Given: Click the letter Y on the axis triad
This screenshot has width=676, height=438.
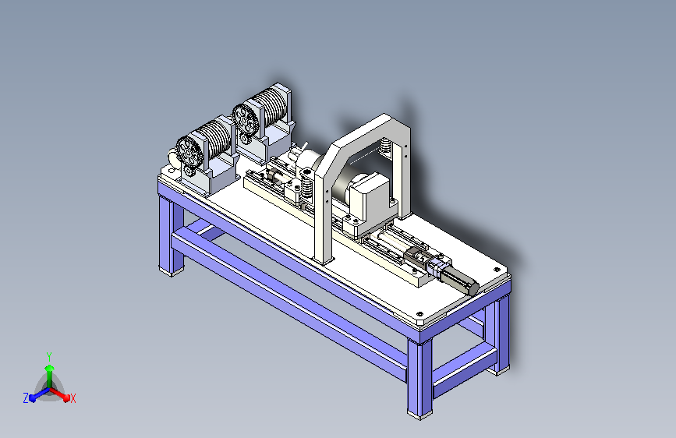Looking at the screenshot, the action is click(x=49, y=356).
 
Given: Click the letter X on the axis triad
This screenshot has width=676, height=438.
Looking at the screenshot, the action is click(x=73, y=398).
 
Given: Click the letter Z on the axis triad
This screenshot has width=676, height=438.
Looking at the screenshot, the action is click(x=26, y=398).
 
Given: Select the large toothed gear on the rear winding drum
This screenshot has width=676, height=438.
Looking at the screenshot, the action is click(x=245, y=118).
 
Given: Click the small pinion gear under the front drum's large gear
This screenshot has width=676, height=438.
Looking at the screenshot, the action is click(x=188, y=171).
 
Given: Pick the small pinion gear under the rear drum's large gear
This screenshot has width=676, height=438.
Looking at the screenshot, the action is click(x=245, y=138).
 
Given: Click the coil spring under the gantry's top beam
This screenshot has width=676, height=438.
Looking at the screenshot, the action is click(x=386, y=146).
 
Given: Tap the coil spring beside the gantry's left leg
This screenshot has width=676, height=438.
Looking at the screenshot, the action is click(x=306, y=185).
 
